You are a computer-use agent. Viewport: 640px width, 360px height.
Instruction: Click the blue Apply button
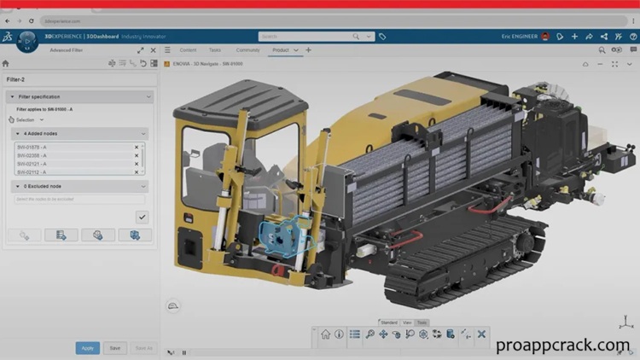[x=87, y=348]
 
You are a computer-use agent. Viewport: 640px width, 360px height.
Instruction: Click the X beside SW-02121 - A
[x=136, y=164]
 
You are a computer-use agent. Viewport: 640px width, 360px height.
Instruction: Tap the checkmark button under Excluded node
[x=142, y=217]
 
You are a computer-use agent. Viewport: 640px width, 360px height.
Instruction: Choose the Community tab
[x=248, y=50]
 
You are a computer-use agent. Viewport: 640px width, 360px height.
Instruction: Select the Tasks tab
[x=215, y=50]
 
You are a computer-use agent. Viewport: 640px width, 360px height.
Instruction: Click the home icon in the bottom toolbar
[x=325, y=334]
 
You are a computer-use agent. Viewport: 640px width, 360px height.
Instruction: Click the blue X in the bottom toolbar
[x=481, y=334]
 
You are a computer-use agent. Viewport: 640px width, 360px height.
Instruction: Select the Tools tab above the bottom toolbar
[x=422, y=322]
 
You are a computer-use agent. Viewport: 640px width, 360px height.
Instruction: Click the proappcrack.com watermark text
[x=562, y=345]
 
